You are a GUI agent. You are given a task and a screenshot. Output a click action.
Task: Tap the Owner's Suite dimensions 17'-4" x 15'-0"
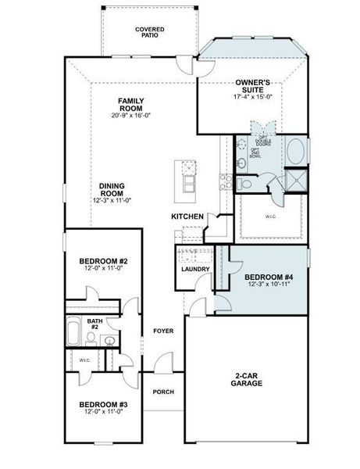[253, 97]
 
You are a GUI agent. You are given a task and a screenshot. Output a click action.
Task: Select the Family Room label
[130, 101]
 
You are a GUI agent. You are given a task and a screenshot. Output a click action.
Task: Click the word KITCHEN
[188, 217]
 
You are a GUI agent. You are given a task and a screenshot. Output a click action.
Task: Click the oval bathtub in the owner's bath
[297, 149]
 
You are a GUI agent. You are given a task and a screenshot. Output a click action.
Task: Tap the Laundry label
[194, 270]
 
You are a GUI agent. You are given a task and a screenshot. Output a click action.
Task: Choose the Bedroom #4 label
[267, 277]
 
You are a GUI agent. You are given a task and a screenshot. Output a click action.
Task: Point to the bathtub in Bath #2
[74, 331]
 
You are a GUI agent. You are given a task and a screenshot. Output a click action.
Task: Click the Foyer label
[163, 331]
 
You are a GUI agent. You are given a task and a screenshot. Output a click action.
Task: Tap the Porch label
[163, 392]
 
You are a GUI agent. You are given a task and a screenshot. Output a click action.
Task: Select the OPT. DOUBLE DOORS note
[263, 141]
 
